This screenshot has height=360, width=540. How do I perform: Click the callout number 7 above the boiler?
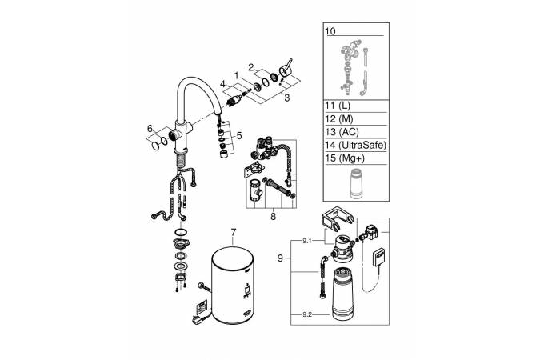click(233, 233)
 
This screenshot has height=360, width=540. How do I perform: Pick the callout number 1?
click(237, 74)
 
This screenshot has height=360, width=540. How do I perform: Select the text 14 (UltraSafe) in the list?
click(354, 146)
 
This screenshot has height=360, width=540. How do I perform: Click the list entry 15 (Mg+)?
click(342, 160)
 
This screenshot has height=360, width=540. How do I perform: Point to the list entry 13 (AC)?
click(341, 133)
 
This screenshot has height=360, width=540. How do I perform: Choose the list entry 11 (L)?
click(337, 106)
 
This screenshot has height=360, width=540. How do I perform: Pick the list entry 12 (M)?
click(338, 119)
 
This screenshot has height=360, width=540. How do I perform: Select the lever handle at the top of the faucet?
click(286, 72)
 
